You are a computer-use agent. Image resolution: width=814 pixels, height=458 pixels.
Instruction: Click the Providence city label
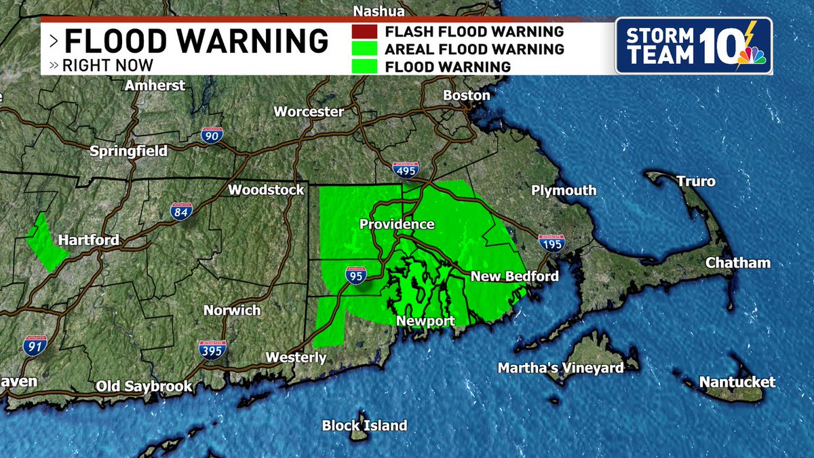click(x=397, y=225)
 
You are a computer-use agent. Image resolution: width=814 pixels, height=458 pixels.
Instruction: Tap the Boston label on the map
click(x=467, y=96)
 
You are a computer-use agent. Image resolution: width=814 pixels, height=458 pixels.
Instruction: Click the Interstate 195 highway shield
click(x=551, y=243)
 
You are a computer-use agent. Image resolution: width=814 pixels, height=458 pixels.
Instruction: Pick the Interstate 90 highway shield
click(x=212, y=134)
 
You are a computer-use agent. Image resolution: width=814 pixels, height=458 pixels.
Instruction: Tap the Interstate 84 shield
click(x=181, y=210)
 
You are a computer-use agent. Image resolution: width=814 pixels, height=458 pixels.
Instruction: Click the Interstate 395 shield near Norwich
click(x=212, y=349)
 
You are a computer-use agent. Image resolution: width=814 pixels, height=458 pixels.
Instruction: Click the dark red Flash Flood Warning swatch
click(x=364, y=32)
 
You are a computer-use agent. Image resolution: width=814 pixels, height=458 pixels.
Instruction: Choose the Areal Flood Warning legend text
click(x=473, y=49)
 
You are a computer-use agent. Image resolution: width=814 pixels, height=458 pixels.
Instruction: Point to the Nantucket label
click(x=737, y=382)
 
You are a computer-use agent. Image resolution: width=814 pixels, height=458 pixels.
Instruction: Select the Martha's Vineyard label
click(x=560, y=368)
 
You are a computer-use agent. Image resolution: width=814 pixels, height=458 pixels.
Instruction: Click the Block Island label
click(x=364, y=426)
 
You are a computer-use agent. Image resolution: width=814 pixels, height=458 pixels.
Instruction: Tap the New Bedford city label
click(x=514, y=276)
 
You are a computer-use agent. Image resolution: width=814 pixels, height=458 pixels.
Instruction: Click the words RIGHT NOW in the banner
click(x=108, y=66)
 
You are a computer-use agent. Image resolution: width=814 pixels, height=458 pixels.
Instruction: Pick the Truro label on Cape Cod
click(x=695, y=182)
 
